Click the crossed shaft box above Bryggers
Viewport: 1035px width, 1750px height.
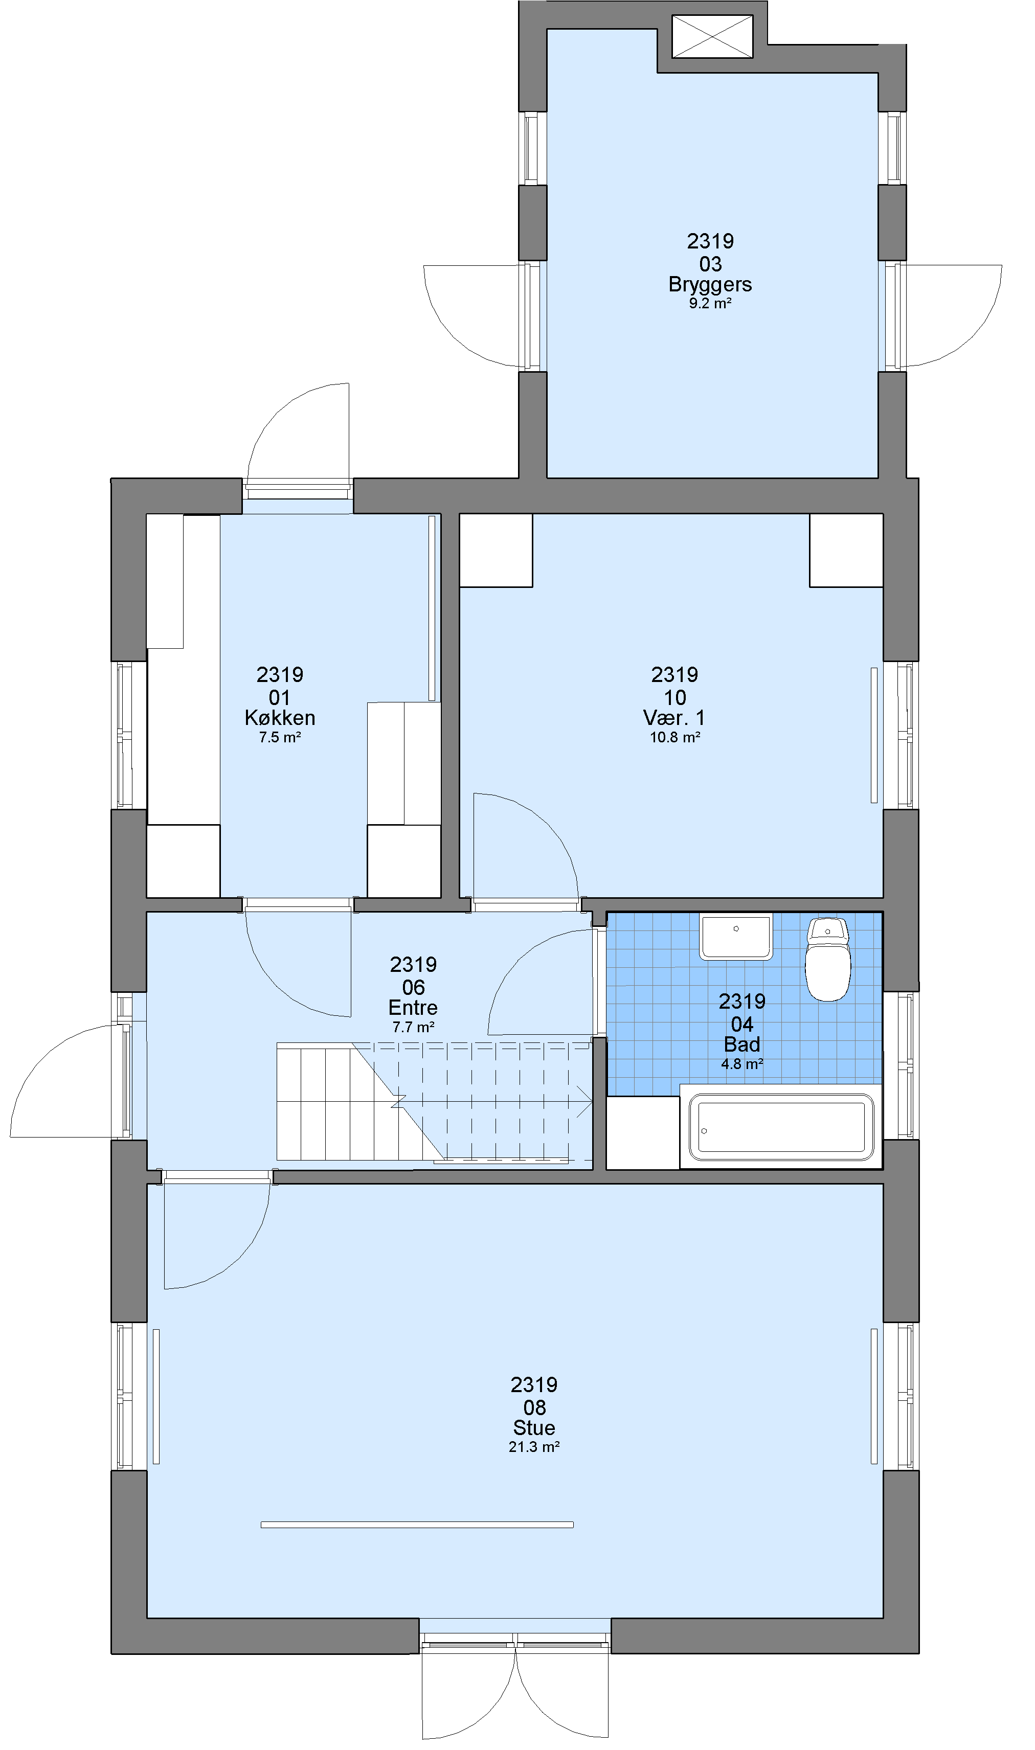pos(712,36)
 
